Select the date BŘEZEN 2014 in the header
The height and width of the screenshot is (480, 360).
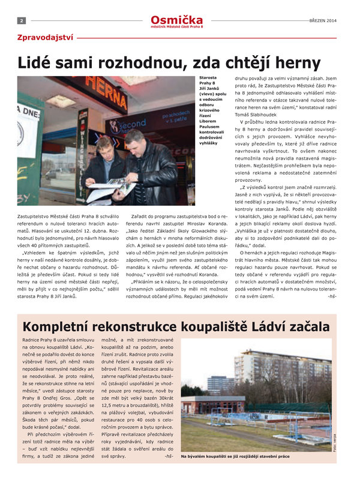[x=324, y=20]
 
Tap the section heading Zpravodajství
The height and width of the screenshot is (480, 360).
[x=46, y=37]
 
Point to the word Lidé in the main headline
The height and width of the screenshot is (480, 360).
[x=40, y=62]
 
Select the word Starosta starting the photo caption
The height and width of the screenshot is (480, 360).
[x=209, y=78]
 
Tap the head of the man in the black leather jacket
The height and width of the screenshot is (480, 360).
[x=133, y=139]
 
